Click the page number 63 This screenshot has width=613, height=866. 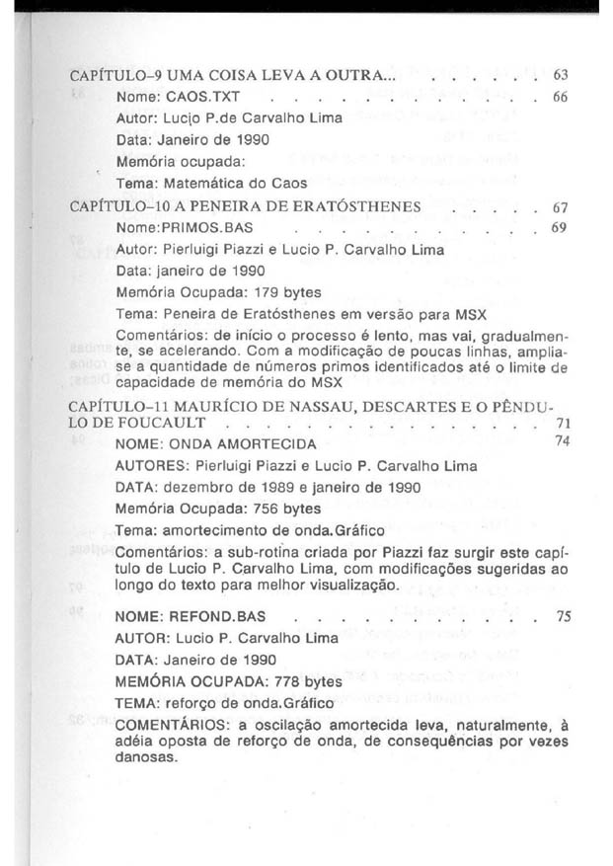(x=561, y=74)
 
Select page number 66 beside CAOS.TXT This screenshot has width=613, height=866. (x=561, y=98)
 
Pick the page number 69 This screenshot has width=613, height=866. (x=561, y=229)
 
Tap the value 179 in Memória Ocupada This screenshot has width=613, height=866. (x=261, y=292)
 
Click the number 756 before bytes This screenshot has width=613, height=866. (x=261, y=510)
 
